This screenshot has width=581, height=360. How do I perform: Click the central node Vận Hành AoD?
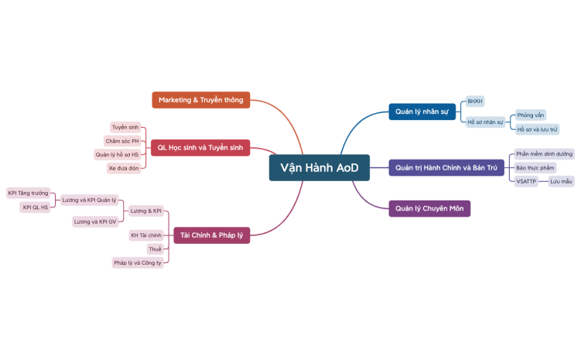[319, 168]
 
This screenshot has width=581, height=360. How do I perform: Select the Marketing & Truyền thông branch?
[200, 100]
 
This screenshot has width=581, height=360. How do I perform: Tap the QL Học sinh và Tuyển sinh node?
[200, 147]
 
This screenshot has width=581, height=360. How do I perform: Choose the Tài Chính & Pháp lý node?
[211, 235]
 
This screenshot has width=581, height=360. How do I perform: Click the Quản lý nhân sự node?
[422, 111]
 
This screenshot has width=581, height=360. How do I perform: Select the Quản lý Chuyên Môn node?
[429, 208]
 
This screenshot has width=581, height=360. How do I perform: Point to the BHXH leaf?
[475, 101]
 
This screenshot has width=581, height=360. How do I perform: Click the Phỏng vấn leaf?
[531, 115]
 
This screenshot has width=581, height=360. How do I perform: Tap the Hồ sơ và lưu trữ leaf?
[537, 129]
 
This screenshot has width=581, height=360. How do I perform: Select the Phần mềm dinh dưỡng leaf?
[544, 154]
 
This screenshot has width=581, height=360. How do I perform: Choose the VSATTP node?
[526, 181]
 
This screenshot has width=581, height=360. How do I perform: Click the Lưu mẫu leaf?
[561, 181]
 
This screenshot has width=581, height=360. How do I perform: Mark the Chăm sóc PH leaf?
[122, 141]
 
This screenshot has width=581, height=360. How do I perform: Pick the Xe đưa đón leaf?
[124, 168]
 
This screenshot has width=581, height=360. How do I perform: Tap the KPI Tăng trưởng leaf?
[28, 193]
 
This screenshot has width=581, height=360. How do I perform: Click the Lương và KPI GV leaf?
[94, 221]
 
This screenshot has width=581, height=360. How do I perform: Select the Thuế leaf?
[156, 249]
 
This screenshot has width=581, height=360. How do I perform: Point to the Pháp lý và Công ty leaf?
[138, 262]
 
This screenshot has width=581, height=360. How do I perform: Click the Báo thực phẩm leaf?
[535, 167]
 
